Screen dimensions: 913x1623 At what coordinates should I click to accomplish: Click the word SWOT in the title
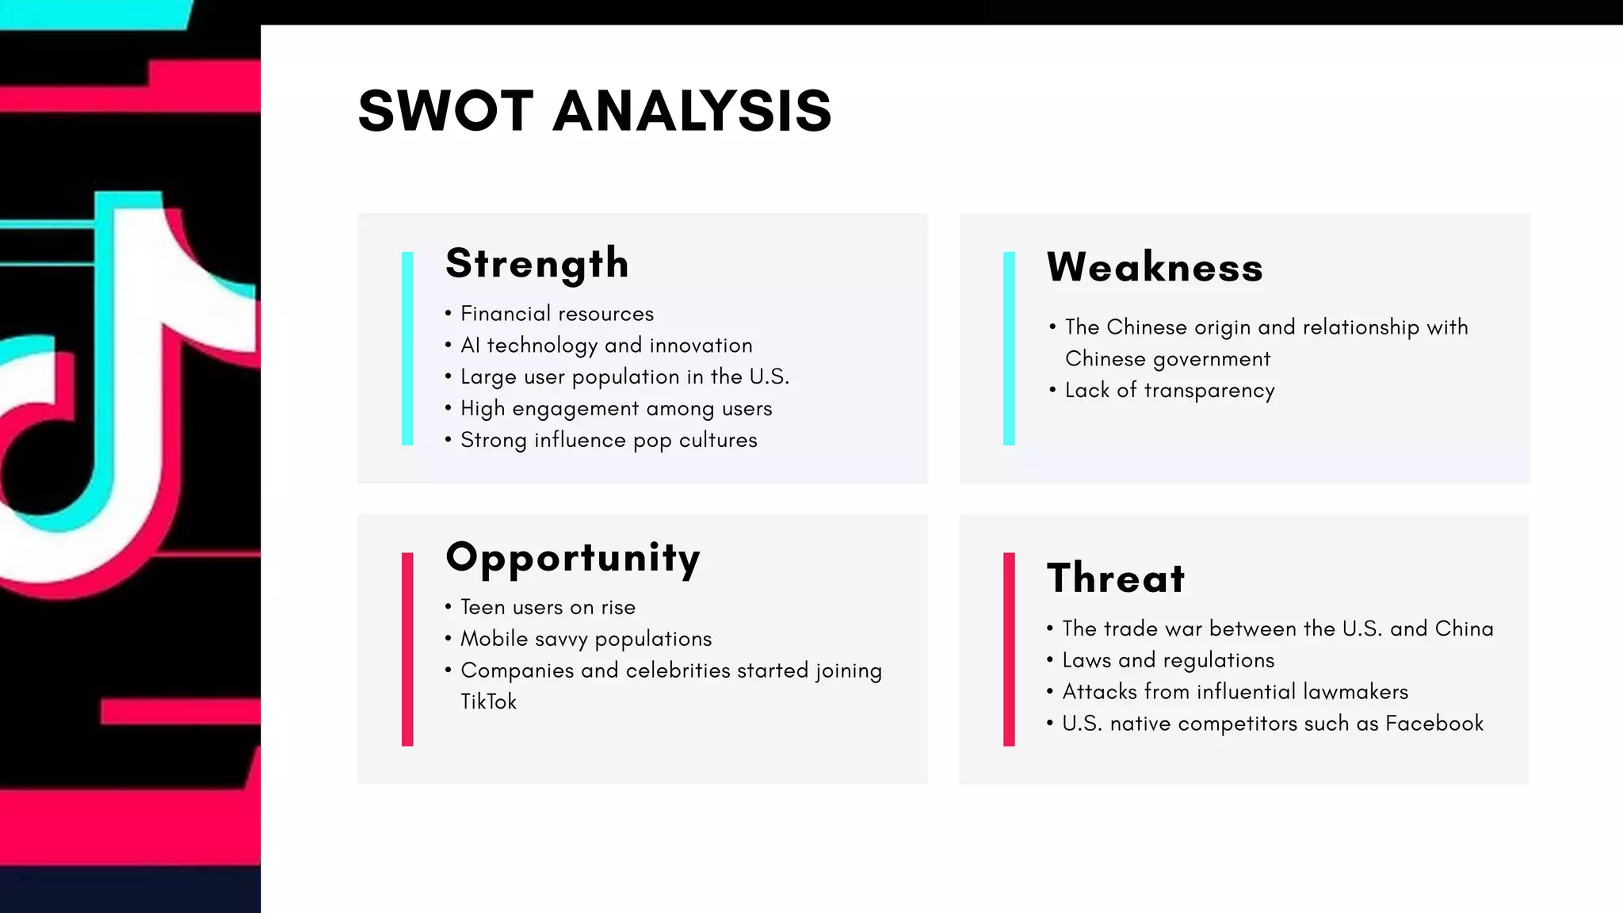[445, 111]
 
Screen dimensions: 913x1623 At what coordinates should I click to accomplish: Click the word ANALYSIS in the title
[692, 111]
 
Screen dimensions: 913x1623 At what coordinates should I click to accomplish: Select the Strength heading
[537, 264]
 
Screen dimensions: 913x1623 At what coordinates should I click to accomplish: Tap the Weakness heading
[1155, 268]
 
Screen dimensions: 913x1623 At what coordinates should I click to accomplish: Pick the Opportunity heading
[573, 559]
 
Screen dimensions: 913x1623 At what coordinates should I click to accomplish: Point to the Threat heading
[1116, 579]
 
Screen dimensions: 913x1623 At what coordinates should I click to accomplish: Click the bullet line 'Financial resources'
[557, 314]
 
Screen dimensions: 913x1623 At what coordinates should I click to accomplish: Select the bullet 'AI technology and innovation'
[606, 346]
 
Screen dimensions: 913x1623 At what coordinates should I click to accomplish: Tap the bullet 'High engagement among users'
[616, 409]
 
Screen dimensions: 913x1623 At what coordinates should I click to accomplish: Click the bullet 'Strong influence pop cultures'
[609, 441]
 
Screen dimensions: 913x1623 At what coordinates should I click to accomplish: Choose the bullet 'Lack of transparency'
[1170, 391]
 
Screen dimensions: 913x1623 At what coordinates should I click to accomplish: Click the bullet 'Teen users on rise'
[548, 608]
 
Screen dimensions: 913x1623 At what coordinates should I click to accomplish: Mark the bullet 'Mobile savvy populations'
[586, 640]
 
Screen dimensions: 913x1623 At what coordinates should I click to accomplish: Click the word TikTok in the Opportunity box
[488, 702]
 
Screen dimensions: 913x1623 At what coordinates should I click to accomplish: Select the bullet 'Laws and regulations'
[1168, 660]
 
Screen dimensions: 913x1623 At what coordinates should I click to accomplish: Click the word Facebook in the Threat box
[1434, 724]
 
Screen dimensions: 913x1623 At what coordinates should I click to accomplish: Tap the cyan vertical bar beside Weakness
[1009, 349]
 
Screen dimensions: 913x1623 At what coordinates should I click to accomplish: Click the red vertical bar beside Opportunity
[407, 649]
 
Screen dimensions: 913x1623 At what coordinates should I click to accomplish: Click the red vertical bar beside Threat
[1009, 649]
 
